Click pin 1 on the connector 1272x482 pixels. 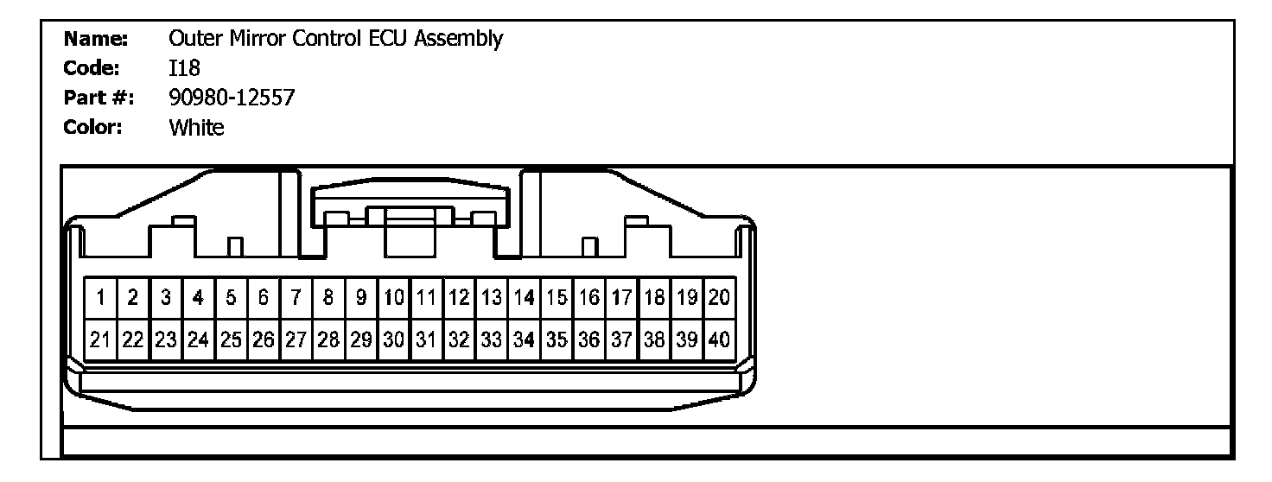click(x=100, y=299)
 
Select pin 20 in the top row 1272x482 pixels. click(x=719, y=299)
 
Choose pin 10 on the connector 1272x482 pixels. click(x=394, y=299)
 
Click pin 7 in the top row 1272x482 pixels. click(x=296, y=299)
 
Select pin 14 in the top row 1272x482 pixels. click(x=524, y=299)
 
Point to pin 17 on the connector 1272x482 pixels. click(x=621, y=299)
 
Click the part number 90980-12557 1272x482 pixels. click(x=232, y=98)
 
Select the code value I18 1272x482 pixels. click(x=185, y=69)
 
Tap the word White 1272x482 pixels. click(x=197, y=129)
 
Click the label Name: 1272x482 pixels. click(x=97, y=40)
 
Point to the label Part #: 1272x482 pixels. click(x=99, y=98)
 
